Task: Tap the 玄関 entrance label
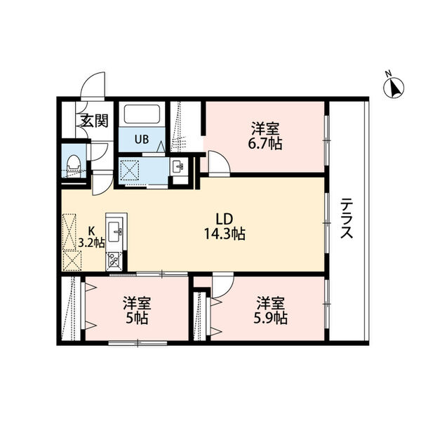[95, 121]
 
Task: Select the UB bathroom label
[142, 140]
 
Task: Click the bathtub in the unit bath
[142, 114]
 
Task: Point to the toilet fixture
[74, 163]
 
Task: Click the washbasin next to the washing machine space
[178, 167]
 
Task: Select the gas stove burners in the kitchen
[114, 261]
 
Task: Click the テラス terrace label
[347, 218]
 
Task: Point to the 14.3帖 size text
[225, 234]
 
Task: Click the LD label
[225, 220]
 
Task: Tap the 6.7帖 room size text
[265, 143]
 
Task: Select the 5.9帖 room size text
[270, 318]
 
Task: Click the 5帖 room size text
[137, 318]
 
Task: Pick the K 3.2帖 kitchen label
[91, 237]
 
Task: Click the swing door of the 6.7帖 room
[220, 163]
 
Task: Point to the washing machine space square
[129, 170]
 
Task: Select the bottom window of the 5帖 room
[138, 342]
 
